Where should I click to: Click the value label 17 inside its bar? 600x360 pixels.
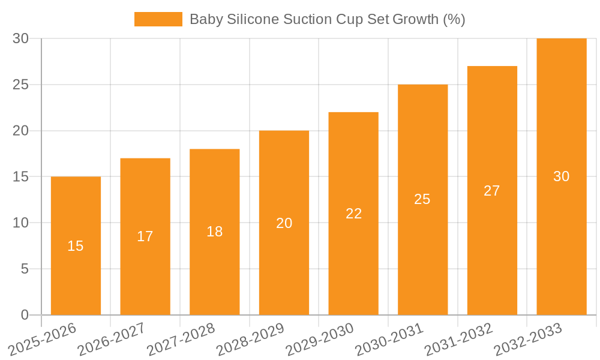tap(145, 236)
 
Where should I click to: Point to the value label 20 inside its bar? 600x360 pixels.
tap(284, 223)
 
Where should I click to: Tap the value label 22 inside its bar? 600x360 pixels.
tap(354, 214)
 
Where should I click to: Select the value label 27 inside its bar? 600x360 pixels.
tap(492, 191)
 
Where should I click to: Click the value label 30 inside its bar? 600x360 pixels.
tap(562, 176)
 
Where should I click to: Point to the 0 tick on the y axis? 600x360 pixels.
tap(25, 315)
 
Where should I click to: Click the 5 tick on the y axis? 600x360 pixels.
tap(25, 269)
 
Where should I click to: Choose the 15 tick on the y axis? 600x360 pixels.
tap(21, 177)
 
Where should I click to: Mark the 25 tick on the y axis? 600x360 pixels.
tap(21, 85)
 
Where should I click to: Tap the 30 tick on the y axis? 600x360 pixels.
tap(21, 39)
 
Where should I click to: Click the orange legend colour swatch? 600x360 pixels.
tap(158, 19)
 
